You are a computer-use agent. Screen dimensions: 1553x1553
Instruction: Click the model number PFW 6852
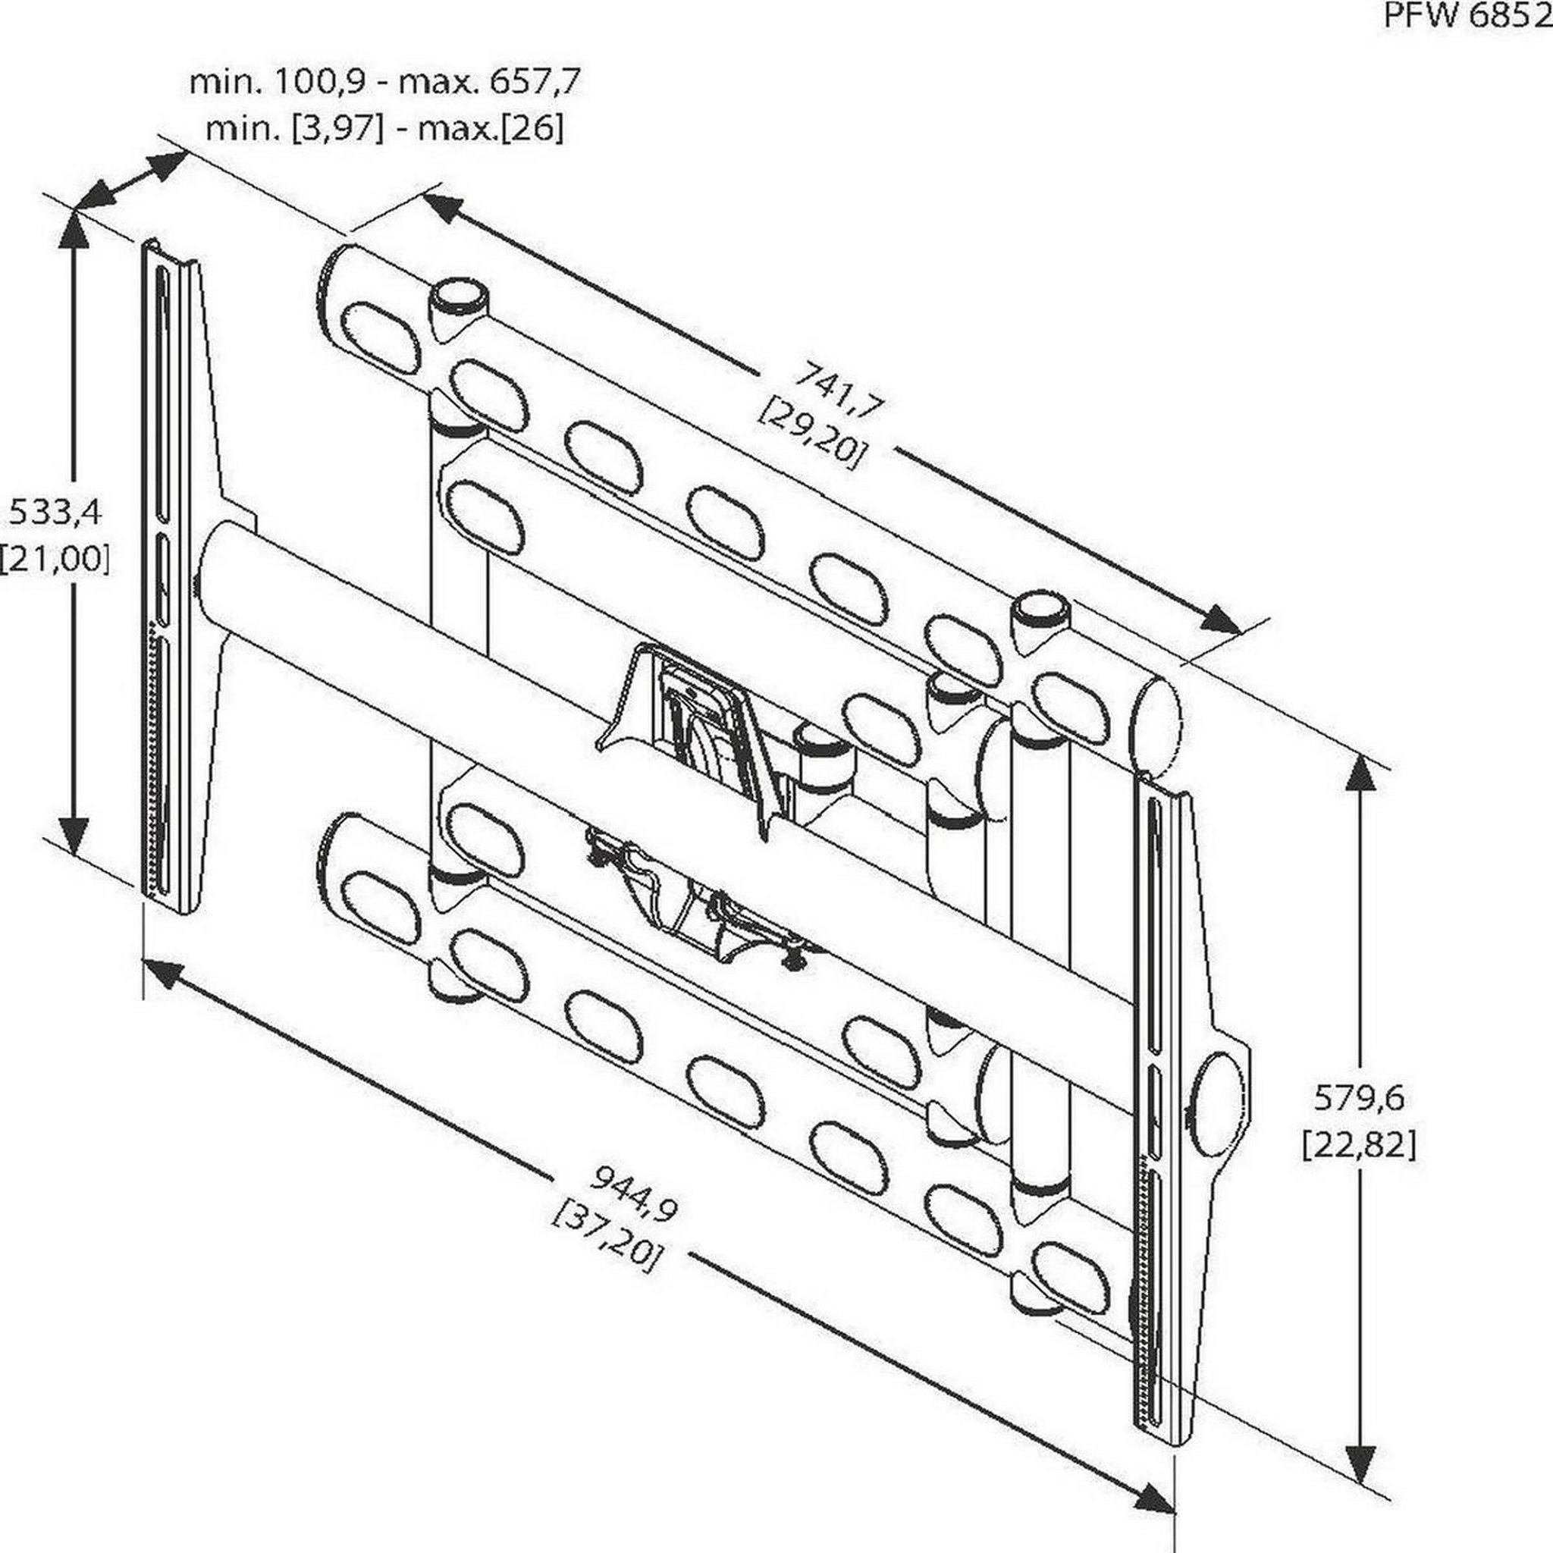pos(1467,17)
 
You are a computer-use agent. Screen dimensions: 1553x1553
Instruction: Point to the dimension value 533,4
pos(55,512)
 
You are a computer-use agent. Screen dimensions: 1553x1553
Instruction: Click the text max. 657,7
pos(491,82)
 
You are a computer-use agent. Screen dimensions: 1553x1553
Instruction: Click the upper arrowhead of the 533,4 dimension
pos(75,233)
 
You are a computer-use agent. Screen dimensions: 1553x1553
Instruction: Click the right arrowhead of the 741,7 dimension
pos(1222,617)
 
